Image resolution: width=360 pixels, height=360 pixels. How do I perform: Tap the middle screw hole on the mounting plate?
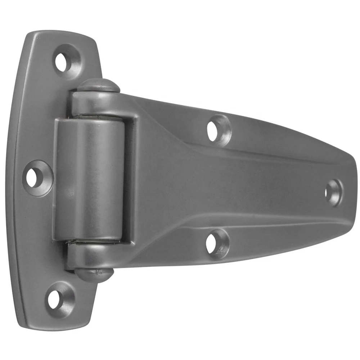pyautogui.click(x=35, y=177)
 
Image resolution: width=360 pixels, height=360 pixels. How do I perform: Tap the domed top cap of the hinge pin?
pyautogui.click(x=99, y=85)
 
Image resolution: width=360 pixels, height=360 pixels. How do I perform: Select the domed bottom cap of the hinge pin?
pyautogui.click(x=94, y=274)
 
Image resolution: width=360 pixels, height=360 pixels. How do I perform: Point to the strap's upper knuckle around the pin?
pyautogui.click(x=97, y=104)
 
